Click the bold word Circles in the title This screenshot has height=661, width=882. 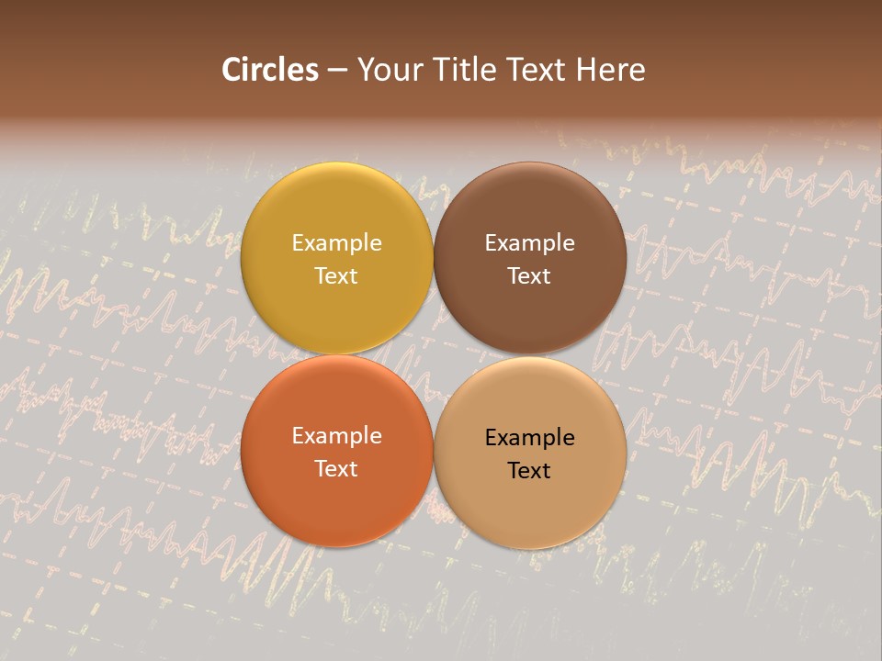pyautogui.click(x=269, y=70)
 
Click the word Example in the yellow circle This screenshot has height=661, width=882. pyautogui.click(x=336, y=243)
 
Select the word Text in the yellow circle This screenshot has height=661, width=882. pyautogui.click(x=336, y=276)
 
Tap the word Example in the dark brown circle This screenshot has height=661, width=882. pyautogui.click(x=529, y=243)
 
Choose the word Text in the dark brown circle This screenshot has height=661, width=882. pyautogui.click(x=529, y=276)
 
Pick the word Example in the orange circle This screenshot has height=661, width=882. pyautogui.click(x=336, y=436)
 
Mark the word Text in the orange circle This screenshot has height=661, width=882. pyautogui.click(x=336, y=469)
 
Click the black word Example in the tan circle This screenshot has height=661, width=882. pyautogui.click(x=529, y=438)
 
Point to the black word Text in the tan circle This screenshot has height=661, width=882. pyautogui.click(x=529, y=471)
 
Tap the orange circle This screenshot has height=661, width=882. pyautogui.click(x=336, y=505)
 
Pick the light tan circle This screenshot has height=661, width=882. pyautogui.click(x=530, y=510)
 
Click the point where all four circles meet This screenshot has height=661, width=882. pyautogui.click(x=434, y=355)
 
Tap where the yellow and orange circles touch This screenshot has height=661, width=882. pyautogui.click(x=336, y=354)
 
